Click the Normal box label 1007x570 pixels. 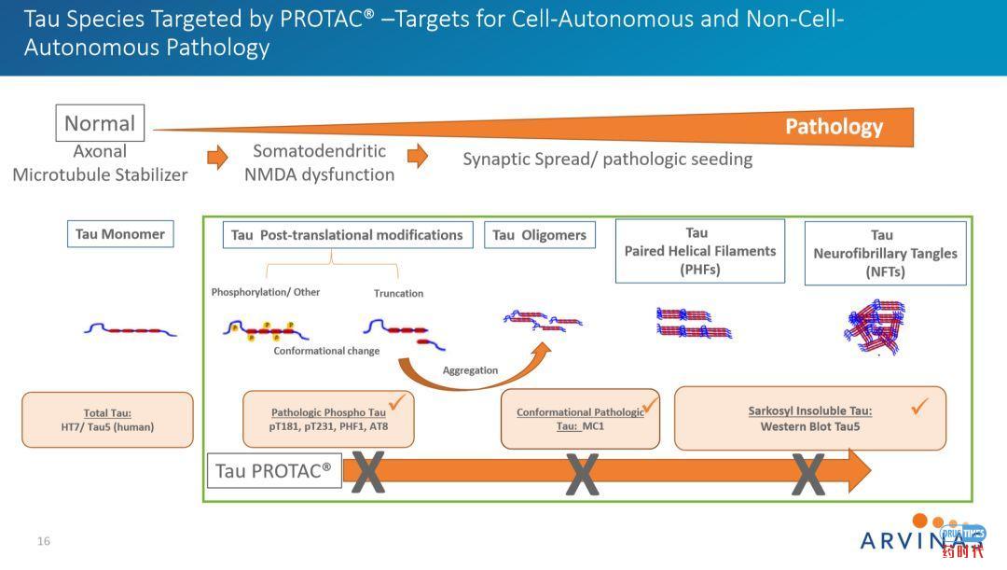pyautogui.click(x=99, y=123)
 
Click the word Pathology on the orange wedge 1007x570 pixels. pyautogui.click(x=834, y=127)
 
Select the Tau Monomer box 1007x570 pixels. pyautogui.click(x=119, y=234)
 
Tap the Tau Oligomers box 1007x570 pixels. pyautogui.click(x=539, y=235)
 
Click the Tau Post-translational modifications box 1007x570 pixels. pyautogui.click(x=347, y=235)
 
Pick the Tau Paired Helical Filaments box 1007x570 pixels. pyautogui.click(x=699, y=251)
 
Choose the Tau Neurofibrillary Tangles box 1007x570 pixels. pyautogui.click(x=884, y=253)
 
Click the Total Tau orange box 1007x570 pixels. pyautogui.click(x=107, y=420)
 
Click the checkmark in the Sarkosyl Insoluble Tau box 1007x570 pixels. pyautogui.click(x=919, y=406)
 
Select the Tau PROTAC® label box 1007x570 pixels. pyautogui.click(x=273, y=471)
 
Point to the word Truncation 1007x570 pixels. pyautogui.click(x=398, y=293)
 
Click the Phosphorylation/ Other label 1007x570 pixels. pyautogui.click(x=266, y=292)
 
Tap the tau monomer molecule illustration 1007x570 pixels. pyautogui.click(x=130, y=329)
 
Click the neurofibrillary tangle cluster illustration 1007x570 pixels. pyautogui.click(x=875, y=327)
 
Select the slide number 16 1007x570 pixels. pyautogui.click(x=44, y=541)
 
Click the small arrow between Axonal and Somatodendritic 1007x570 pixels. pyautogui.click(x=216, y=157)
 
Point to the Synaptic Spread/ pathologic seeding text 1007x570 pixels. pyautogui.click(x=607, y=159)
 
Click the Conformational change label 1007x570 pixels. pyautogui.click(x=326, y=351)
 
